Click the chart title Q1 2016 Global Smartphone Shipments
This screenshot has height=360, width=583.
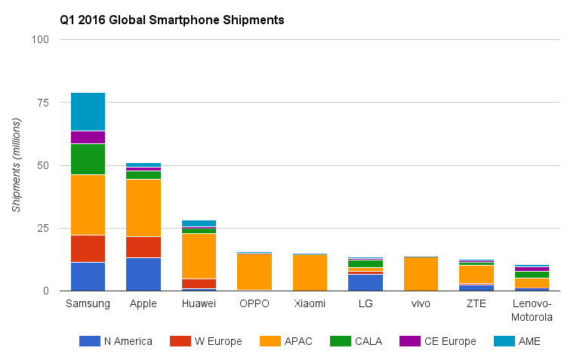171,20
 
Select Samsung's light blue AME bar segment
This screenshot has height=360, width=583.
88,112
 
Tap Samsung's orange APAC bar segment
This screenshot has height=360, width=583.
88,205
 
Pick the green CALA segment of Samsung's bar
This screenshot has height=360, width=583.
88,158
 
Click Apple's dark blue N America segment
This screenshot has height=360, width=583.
143,274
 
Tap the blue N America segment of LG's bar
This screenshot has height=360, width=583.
366,282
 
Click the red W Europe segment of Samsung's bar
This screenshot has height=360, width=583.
88,248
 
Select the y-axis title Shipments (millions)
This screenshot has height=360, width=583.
17,165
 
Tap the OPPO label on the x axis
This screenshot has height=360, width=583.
254,304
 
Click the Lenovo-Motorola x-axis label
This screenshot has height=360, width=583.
532,310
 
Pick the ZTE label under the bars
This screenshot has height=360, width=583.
476,304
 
